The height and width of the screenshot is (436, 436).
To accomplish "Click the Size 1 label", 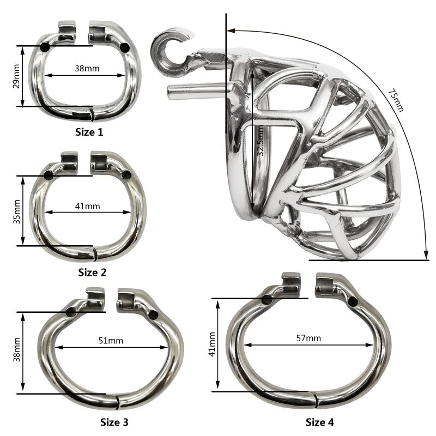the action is tap(89, 132).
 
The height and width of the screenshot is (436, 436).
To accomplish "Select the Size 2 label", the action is tap(92, 272).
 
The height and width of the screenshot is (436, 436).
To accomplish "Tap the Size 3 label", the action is tap(114, 422).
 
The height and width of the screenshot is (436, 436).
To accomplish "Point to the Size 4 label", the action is tap(320, 422).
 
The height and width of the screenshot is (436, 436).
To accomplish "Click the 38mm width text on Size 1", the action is tap(87, 69).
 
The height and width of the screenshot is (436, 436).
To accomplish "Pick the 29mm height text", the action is tap(17, 76).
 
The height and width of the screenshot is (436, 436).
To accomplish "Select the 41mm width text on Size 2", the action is tap(87, 207).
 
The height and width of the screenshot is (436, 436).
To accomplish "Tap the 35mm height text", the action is tap(17, 211).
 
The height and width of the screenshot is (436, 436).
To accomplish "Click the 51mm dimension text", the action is tap(111, 341).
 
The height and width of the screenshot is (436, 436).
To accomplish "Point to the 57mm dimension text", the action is tap(308, 338).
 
